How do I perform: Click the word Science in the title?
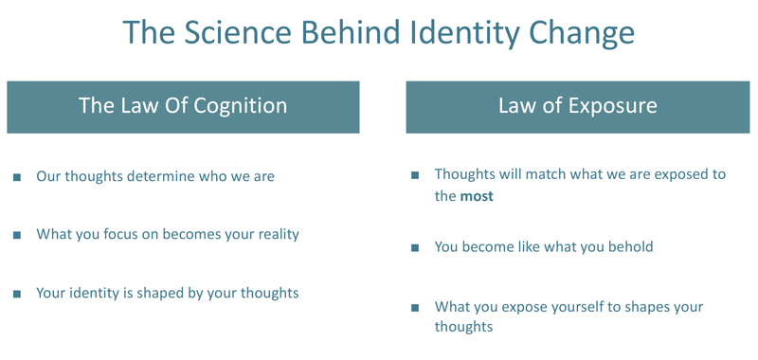(235, 33)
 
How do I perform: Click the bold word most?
(477, 196)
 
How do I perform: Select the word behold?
(629, 246)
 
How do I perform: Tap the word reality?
(272, 233)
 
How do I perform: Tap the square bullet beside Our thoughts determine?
(17, 177)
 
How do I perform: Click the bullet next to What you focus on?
(17, 234)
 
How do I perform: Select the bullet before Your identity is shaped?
(17, 294)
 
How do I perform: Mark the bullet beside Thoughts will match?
(415, 176)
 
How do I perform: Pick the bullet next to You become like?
(415, 247)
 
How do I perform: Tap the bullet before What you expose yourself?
(415, 308)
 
